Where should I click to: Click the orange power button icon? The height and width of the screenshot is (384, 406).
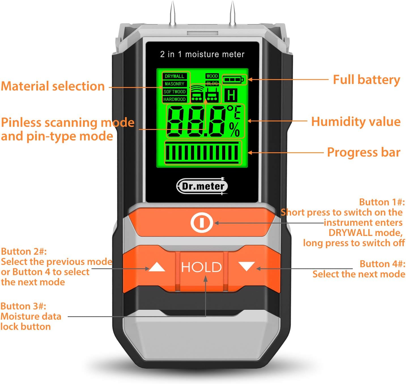(201, 223)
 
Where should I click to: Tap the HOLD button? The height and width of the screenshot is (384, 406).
(201, 267)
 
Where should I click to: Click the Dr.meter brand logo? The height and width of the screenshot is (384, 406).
(202, 186)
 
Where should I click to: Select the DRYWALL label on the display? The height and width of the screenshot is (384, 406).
(175, 76)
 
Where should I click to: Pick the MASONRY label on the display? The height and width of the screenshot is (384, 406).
(175, 84)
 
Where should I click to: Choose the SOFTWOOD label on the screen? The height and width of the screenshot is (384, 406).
(175, 92)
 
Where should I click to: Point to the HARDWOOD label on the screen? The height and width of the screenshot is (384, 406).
(175, 99)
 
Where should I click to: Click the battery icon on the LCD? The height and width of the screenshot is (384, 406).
(233, 79)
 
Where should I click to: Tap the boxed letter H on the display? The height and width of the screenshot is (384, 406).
(231, 95)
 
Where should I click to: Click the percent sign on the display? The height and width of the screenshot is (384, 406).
(235, 130)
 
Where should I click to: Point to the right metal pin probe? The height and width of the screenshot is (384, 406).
(232, 14)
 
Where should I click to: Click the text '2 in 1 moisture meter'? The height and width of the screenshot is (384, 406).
(202, 54)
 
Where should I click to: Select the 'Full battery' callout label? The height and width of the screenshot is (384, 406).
(366, 80)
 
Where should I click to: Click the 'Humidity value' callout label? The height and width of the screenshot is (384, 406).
(356, 122)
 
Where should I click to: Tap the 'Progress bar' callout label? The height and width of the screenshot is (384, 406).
(364, 152)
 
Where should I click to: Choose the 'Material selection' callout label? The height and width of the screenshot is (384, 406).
(53, 86)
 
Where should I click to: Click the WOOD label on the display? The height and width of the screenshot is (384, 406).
(212, 76)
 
